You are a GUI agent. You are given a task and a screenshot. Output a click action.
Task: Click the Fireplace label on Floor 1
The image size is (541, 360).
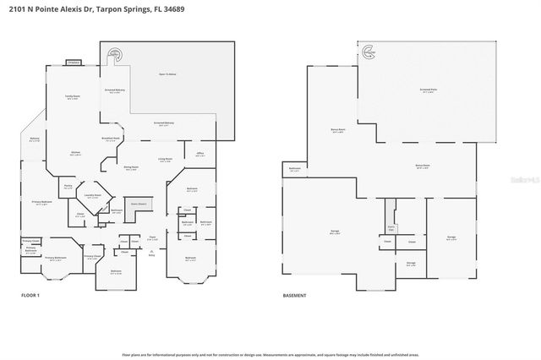[x=74, y=63]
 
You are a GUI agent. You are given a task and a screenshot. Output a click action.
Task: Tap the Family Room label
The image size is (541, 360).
[x=74, y=97]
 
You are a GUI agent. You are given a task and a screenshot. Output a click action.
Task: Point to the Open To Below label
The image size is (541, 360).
[x=167, y=74]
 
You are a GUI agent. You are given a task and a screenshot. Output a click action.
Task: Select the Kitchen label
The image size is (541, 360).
[x=74, y=153]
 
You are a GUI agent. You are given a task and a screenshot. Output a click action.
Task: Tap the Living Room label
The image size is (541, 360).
[x=165, y=159]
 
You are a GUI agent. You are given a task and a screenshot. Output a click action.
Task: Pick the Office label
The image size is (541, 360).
[x=200, y=154]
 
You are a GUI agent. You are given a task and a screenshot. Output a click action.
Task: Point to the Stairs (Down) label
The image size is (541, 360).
[x=138, y=204]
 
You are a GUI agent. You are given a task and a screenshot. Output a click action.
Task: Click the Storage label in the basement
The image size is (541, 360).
[x=410, y=263]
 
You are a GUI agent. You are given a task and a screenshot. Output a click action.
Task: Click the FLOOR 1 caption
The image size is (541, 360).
[x=30, y=295]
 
